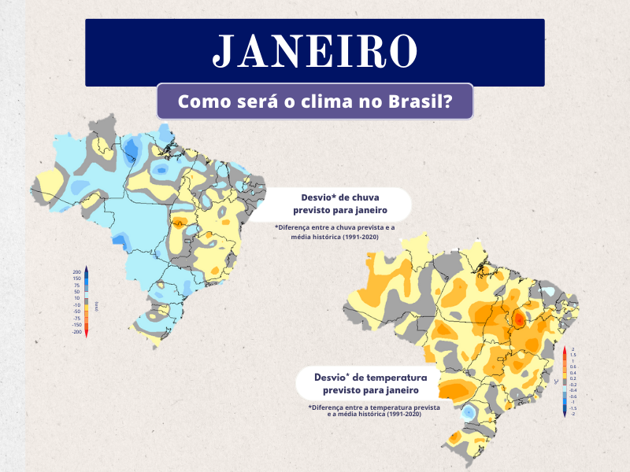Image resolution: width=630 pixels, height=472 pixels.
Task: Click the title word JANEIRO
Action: pos(315,51)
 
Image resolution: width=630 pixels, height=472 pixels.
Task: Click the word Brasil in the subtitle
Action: pos(422,102)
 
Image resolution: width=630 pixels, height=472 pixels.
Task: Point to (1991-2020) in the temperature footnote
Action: pos(399,414)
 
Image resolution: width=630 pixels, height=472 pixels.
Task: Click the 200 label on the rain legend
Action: pos(77,271)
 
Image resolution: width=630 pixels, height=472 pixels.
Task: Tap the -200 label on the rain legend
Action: pos(76,332)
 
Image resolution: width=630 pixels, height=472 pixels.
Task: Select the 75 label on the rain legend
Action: pos(78,285)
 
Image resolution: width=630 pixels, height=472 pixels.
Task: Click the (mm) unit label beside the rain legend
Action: pos(96,304)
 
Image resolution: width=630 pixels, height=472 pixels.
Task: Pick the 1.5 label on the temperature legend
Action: pos(573,355)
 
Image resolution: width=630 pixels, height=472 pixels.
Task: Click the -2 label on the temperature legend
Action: pos(573,413)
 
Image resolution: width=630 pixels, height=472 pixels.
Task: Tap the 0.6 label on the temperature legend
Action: pos(573,367)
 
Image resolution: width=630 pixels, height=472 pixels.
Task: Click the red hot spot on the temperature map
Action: pos(517,320)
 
